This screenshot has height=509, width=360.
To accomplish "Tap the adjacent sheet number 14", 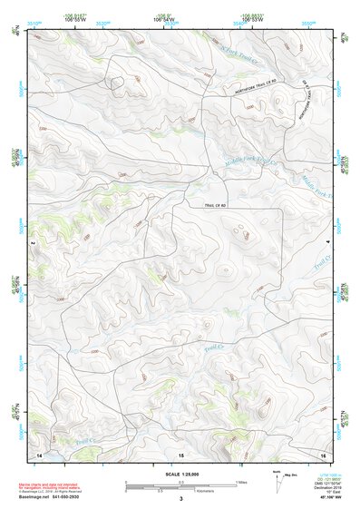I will (38, 453).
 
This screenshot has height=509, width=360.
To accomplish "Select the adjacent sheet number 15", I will (181, 453).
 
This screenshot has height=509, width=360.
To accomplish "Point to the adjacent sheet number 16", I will (324, 453).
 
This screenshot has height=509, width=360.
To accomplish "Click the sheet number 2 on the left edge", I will (32, 243).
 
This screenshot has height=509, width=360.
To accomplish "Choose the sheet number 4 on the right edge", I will (328, 243).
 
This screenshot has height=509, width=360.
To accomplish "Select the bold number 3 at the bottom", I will (180, 499).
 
